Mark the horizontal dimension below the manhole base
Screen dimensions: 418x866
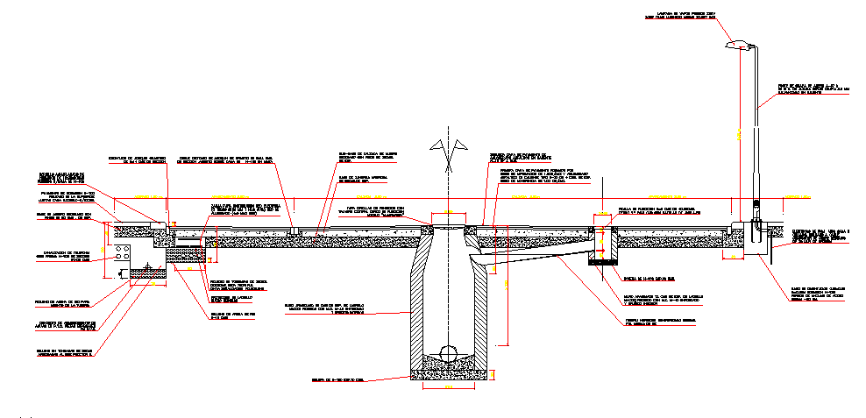point(448,386)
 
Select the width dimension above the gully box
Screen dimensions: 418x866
point(602,212)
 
